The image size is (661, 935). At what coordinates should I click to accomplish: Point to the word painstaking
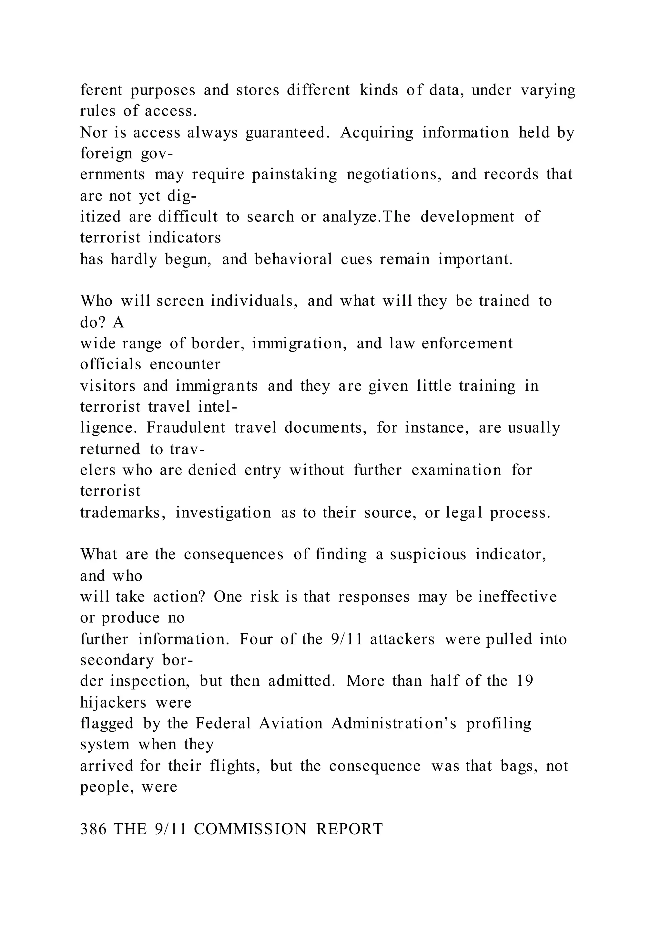[294, 175]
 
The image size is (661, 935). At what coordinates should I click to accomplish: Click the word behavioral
[293, 259]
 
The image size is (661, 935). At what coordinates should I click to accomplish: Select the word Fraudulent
[186, 427]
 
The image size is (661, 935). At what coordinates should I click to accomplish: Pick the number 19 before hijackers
[525, 681]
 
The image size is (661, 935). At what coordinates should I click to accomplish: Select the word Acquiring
[377, 133]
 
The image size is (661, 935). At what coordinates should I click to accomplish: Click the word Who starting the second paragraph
[96, 301]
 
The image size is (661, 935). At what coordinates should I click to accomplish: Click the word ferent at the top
[101, 90]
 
